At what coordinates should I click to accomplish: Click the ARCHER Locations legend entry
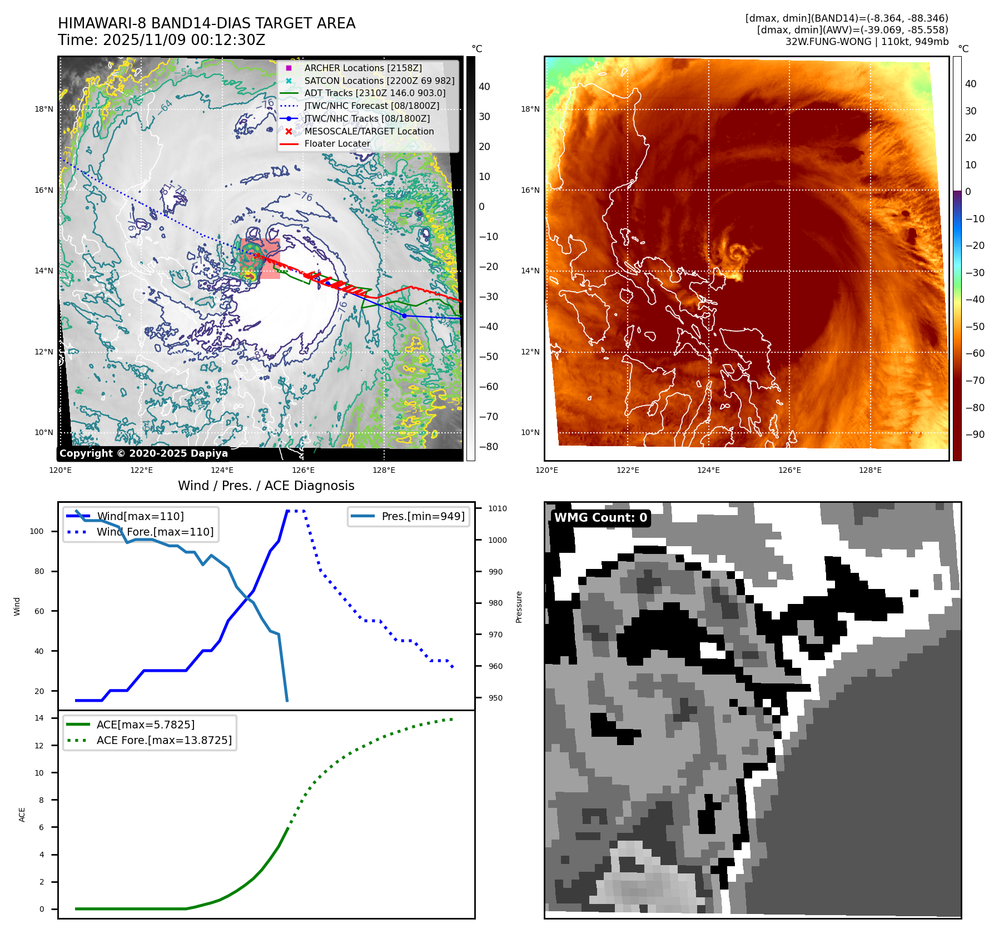tap(362, 68)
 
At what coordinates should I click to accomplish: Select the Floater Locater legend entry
tap(337, 143)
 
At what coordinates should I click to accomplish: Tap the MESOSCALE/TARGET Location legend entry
tap(369, 131)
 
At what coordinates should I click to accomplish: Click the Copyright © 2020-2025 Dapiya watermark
tap(143, 453)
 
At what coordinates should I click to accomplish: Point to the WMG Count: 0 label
tap(600, 518)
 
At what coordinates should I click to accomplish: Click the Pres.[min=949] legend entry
tap(423, 516)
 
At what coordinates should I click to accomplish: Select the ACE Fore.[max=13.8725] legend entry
tap(164, 740)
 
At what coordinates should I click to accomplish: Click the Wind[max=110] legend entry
tap(140, 516)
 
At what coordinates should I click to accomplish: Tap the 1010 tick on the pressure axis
tap(498, 508)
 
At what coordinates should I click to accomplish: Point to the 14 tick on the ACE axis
tap(39, 718)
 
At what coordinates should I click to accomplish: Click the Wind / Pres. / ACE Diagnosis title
tap(266, 486)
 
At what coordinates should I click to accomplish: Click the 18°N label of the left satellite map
tap(44, 109)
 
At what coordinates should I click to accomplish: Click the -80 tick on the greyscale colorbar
tap(489, 446)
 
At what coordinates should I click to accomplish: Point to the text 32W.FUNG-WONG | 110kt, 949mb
tap(867, 42)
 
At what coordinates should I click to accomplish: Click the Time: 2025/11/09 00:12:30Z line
tap(161, 40)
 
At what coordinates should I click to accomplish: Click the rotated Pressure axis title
tap(519, 607)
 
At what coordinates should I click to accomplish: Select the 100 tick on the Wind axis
tap(37, 531)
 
